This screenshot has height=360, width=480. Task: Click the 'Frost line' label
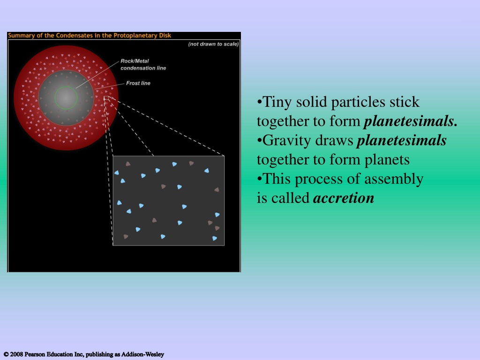(138, 83)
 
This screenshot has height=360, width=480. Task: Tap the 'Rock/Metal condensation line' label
(143, 65)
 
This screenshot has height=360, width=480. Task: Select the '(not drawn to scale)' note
(213, 44)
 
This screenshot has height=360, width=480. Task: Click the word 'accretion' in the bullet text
(344, 198)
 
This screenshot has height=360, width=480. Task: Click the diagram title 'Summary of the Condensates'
(51, 35)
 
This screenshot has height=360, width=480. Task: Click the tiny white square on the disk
(106, 98)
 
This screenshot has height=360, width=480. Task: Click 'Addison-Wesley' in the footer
(142, 354)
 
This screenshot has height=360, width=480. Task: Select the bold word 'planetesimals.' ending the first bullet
(411, 122)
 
